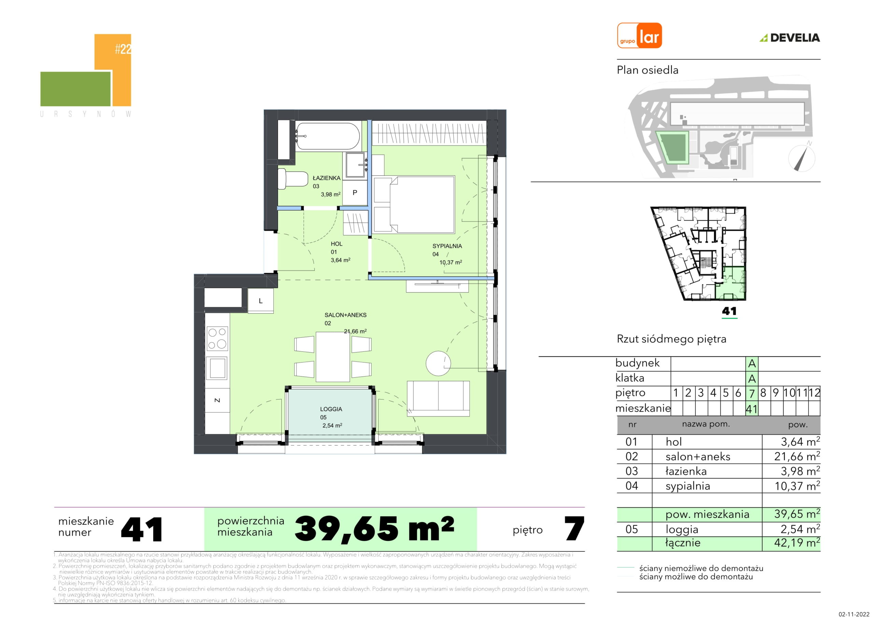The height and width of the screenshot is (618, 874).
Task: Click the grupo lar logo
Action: click(x=639, y=36)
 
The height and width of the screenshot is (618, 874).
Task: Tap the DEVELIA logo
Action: click(x=790, y=38)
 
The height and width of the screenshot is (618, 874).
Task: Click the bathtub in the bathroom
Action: click(x=328, y=136)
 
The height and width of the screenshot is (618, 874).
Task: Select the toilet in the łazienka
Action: click(x=292, y=179)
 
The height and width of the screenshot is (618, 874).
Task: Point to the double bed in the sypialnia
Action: click(x=414, y=204)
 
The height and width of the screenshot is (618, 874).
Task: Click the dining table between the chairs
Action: click(x=333, y=357)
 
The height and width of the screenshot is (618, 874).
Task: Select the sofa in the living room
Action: click(x=438, y=398)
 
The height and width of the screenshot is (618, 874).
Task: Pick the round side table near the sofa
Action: click(x=438, y=363)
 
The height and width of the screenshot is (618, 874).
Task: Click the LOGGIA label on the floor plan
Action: click(x=331, y=409)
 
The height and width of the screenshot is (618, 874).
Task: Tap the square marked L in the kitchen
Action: click(x=261, y=301)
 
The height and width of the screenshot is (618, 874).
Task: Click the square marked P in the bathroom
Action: click(x=355, y=193)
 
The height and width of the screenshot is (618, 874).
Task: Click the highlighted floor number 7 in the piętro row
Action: click(x=752, y=393)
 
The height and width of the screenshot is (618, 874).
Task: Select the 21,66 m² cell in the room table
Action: click(x=797, y=456)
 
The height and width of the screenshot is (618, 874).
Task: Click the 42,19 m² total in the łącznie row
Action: click(x=797, y=543)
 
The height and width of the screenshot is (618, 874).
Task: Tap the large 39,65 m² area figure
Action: click(x=374, y=529)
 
